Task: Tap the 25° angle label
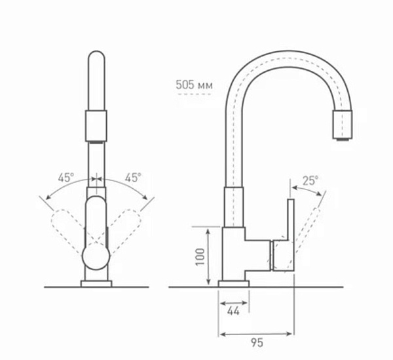click(x=310, y=180)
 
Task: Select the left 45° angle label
click(x=66, y=177)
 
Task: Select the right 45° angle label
click(x=133, y=177)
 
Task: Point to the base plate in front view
click(x=96, y=283)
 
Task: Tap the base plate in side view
click(x=233, y=283)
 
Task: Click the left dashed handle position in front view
click(x=67, y=226)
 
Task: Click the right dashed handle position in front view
click(x=125, y=226)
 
